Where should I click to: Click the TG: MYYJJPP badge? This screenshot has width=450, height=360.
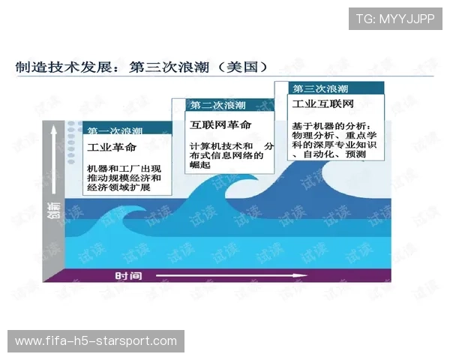pos(395,18)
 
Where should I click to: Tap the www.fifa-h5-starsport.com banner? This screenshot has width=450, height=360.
pos(96,342)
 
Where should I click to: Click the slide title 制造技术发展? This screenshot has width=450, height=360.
pos(64,67)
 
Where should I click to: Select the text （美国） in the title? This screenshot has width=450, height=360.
pos(240,67)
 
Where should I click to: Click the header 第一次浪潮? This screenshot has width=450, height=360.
pos(115,130)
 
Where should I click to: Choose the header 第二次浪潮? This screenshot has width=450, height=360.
pos(217,105)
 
